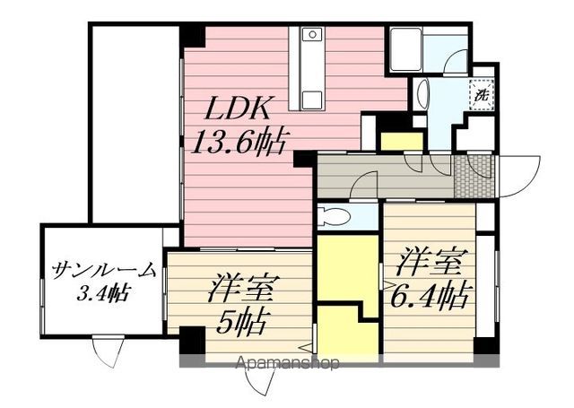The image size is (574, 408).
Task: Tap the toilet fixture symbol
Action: [335, 216]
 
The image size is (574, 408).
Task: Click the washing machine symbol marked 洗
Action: [482, 92]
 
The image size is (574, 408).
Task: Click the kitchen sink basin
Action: [311, 35]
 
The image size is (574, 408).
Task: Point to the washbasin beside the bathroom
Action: [422, 91]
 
